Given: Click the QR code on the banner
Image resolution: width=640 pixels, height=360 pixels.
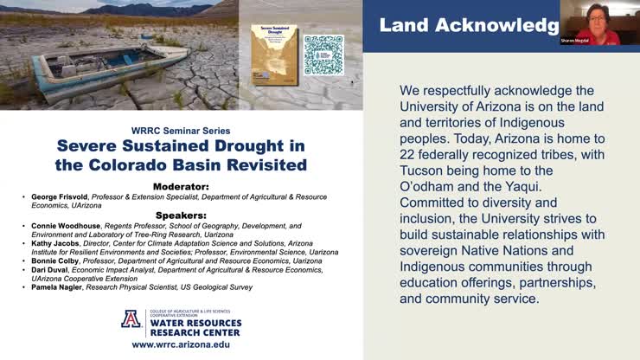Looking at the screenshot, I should pyautogui.click(x=323, y=55).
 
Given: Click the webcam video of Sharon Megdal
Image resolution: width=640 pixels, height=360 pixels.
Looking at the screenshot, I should pyautogui.click(x=600, y=26).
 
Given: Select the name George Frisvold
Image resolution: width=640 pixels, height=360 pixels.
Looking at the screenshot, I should pyautogui.click(x=61, y=196).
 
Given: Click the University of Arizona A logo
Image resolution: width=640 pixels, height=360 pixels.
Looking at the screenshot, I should pyautogui.click(x=131, y=319).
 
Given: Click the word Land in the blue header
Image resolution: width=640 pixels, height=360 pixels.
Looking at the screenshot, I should pyautogui.click(x=402, y=26).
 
